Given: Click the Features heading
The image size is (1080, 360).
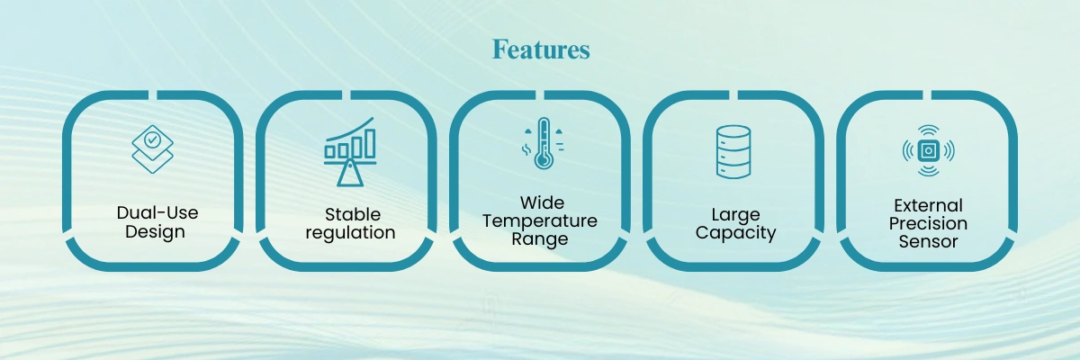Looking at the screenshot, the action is [541, 49].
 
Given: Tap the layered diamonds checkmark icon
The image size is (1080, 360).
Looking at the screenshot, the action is [152, 148].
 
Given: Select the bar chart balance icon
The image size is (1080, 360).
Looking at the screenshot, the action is [350, 151].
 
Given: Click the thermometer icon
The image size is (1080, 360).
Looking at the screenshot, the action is [544, 143].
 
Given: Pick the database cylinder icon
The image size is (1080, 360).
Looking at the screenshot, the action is [733, 152].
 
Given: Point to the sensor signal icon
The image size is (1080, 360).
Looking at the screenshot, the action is [929, 151].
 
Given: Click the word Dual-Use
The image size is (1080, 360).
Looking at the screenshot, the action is [157, 212].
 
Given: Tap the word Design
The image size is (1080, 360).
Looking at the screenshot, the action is [155, 232].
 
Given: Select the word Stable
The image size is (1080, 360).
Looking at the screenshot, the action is [353, 214].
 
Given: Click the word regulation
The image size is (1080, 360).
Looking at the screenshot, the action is [350, 233].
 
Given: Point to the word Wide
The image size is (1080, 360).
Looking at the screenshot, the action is [543, 202].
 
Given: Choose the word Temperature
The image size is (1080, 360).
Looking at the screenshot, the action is [540, 220].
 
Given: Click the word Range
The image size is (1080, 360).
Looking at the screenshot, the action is [540, 239].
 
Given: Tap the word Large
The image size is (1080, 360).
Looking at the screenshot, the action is [736, 214].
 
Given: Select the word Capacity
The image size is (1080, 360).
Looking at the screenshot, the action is [736, 233].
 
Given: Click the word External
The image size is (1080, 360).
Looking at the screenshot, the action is [928, 205].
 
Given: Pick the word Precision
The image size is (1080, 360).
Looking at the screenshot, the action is [928, 223].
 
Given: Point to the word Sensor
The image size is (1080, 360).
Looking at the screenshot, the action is [928, 241].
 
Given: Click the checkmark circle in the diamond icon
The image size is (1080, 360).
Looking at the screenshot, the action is [152, 139].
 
